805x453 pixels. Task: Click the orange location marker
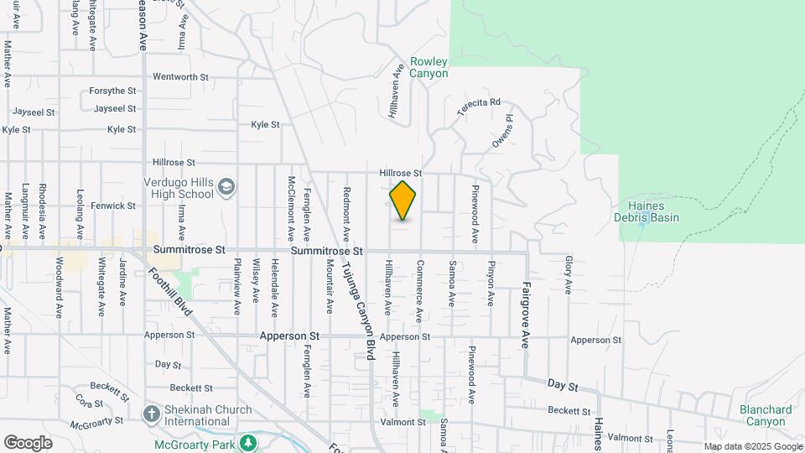402,200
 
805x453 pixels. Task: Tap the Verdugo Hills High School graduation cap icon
226,185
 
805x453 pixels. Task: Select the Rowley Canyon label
428,68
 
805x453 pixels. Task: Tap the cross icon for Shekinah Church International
151,414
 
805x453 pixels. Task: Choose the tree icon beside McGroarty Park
247,442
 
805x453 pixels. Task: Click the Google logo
28,442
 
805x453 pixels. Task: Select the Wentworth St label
180,77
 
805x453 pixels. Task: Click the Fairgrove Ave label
526,304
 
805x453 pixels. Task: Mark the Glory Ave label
569,274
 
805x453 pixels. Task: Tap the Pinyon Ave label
491,282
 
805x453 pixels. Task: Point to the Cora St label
83,402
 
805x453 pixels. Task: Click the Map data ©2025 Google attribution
751,446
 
